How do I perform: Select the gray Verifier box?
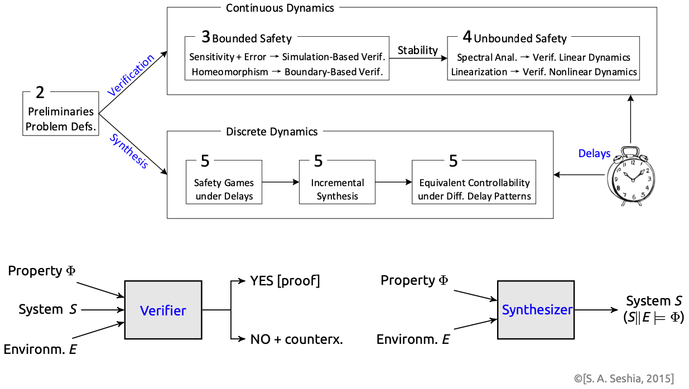[x=163, y=310]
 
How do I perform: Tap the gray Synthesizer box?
[x=536, y=310]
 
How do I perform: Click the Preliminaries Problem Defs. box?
[x=61, y=112]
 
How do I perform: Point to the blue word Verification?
[x=131, y=76]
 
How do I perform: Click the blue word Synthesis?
[x=129, y=151]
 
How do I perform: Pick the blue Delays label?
[x=594, y=153]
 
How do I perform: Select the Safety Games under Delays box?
[x=224, y=182]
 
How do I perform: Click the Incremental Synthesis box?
[x=337, y=182]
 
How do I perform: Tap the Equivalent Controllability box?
[x=474, y=182]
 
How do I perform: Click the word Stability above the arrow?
[x=417, y=50]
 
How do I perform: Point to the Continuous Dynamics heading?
[x=280, y=8]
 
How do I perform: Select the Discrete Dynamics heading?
[x=272, y=132]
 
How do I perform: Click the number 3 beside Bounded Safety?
[x=206, y=38]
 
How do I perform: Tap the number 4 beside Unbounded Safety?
[x=467, y=38]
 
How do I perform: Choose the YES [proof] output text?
[x=285, y=281]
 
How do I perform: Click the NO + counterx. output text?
[x=296, y=339]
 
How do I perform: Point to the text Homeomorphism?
[x=229, y=72]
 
